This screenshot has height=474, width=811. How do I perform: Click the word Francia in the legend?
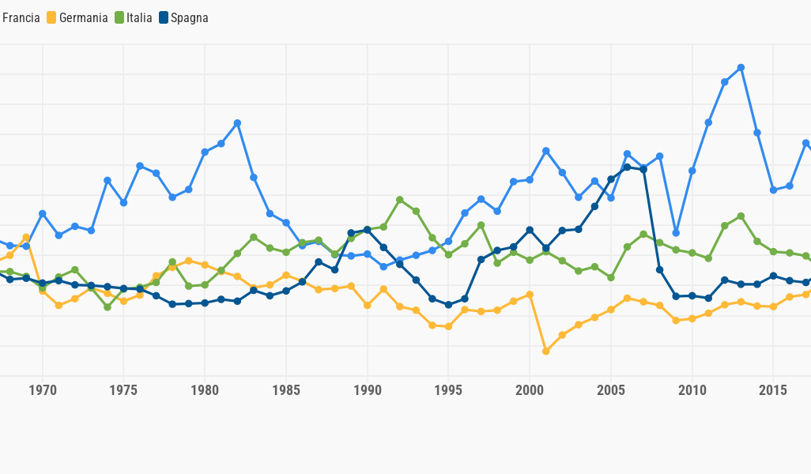pos(21,17)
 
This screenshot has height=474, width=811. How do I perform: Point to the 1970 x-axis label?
pos(43,390)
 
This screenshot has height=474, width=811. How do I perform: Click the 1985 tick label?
pos(286,390)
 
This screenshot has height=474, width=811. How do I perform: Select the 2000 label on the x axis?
pos(530,390)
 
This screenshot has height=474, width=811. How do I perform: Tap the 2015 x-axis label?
pos(773,390)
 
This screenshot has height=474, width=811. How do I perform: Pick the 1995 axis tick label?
pos(448,390)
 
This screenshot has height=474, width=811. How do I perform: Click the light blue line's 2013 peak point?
pos(741,68)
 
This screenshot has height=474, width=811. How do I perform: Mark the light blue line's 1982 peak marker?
pos(237,123)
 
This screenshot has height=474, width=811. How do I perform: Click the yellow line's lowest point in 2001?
pos(545,351)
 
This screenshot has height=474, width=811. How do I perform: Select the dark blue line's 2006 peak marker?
pos(627,167)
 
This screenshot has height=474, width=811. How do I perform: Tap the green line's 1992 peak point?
pos(400,200)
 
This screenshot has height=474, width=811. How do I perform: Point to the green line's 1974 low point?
pos(108,307)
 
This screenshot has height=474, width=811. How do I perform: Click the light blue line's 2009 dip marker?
pos(676,233)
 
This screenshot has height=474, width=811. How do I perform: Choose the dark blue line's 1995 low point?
pos(448,304)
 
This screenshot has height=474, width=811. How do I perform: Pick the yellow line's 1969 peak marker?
pos(26,237)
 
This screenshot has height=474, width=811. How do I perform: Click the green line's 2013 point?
pos(741,216)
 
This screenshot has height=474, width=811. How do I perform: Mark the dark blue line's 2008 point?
pos(659,269)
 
